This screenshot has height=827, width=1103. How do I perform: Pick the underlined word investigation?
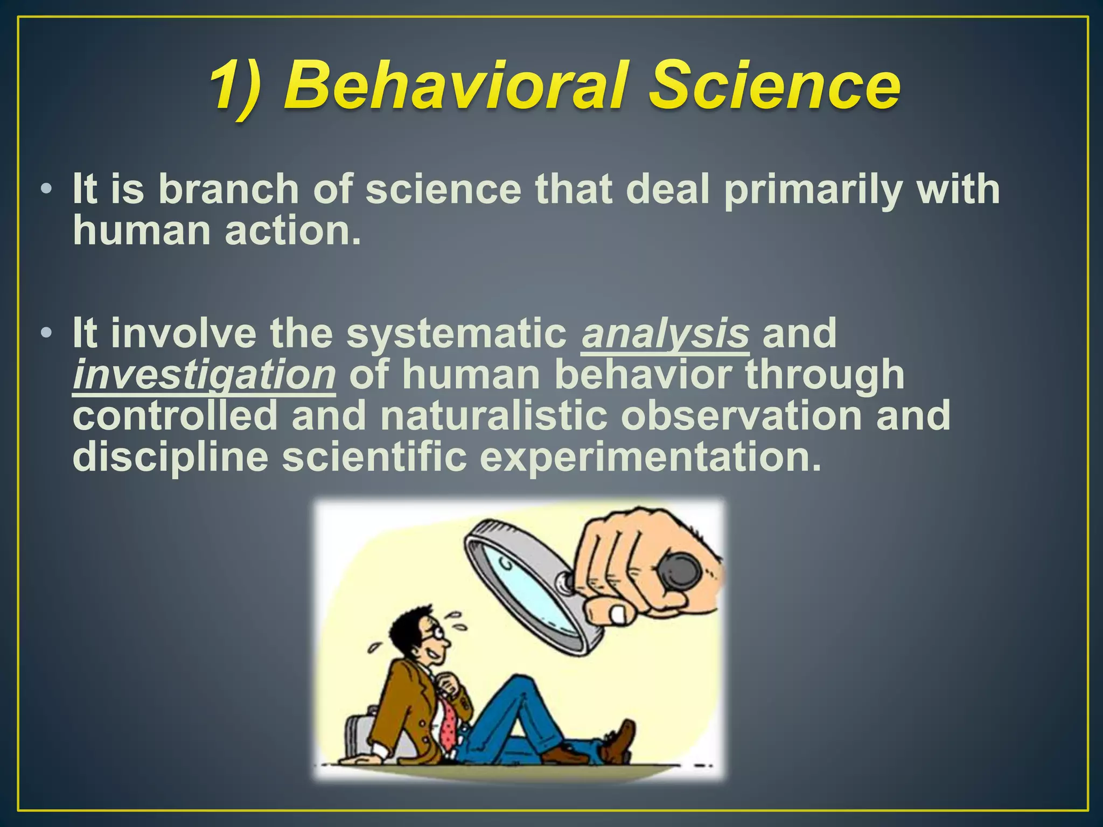coord(205,375)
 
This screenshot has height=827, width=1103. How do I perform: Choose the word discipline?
coord(170,458)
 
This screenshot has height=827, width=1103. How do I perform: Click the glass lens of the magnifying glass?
coord(530,587)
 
